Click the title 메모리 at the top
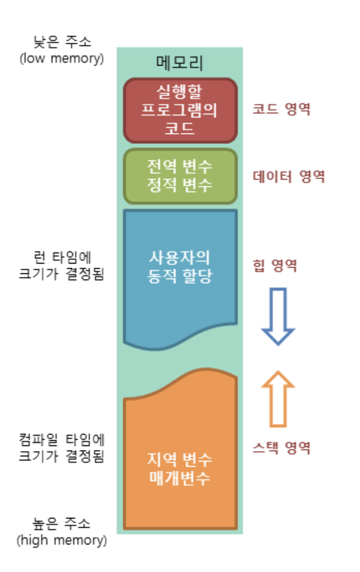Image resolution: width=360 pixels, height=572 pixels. coord(179,62)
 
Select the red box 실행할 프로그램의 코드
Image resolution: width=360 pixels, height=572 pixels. coord(180,109)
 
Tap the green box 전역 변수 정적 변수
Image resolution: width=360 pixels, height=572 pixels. coord(180,176)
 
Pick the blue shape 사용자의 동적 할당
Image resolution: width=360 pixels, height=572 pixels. coord(180,276)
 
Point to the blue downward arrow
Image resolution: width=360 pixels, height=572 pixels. coord(278,316)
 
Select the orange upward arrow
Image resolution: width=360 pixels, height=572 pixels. coord(278,397)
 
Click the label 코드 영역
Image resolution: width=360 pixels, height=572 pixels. coord(282,109)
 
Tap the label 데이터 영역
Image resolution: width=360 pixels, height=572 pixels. coord(289,176)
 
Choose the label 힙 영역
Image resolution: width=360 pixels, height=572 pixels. coord(275,265)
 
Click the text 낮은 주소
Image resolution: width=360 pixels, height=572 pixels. coord(62,41)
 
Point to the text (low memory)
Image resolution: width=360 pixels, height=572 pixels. coord(62,58)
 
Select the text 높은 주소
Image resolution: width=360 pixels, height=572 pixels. coord(62,524)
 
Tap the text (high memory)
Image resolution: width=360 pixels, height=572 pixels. coord(62,540)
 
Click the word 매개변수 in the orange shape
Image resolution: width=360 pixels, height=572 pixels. coord(180,478)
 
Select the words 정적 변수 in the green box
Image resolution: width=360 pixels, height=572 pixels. coord(180,185)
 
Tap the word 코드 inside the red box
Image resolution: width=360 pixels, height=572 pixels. coord(180,128)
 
